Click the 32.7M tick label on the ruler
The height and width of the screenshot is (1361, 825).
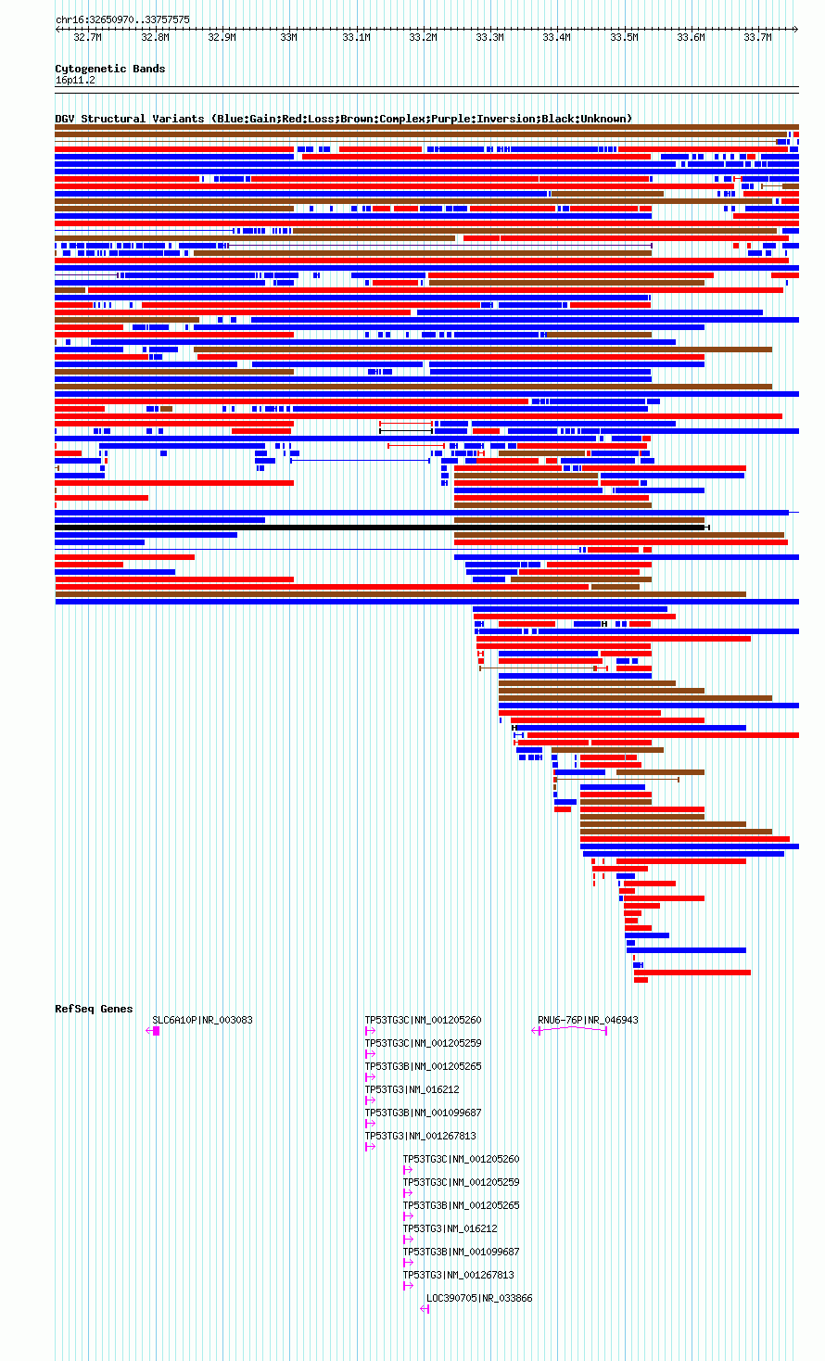pos(87,38)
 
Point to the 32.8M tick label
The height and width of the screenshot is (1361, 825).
pos(155,38)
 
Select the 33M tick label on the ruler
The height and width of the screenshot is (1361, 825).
pos(288,38)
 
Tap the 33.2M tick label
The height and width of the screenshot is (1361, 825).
pos(423,38)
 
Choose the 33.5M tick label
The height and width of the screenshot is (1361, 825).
pos(624,38)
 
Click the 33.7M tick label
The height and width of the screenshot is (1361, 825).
pos(757,38)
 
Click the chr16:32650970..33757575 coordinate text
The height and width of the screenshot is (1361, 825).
pos(122,20)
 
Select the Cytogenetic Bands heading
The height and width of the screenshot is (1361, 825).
pos(110,69)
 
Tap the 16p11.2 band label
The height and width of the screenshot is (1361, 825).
pos(75,81)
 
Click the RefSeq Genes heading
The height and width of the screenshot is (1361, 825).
pos(94,1009)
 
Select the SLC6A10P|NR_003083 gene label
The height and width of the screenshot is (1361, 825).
pos(202,1020)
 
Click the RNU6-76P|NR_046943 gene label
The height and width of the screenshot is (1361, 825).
pos(588,1020)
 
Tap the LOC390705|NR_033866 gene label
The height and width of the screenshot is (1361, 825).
pos(479,1298)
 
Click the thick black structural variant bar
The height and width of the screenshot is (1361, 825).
pos(381,528)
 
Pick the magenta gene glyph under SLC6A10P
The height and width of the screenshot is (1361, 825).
pos(153,1031)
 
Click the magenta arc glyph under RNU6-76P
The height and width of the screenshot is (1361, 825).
pos(570,1029)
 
